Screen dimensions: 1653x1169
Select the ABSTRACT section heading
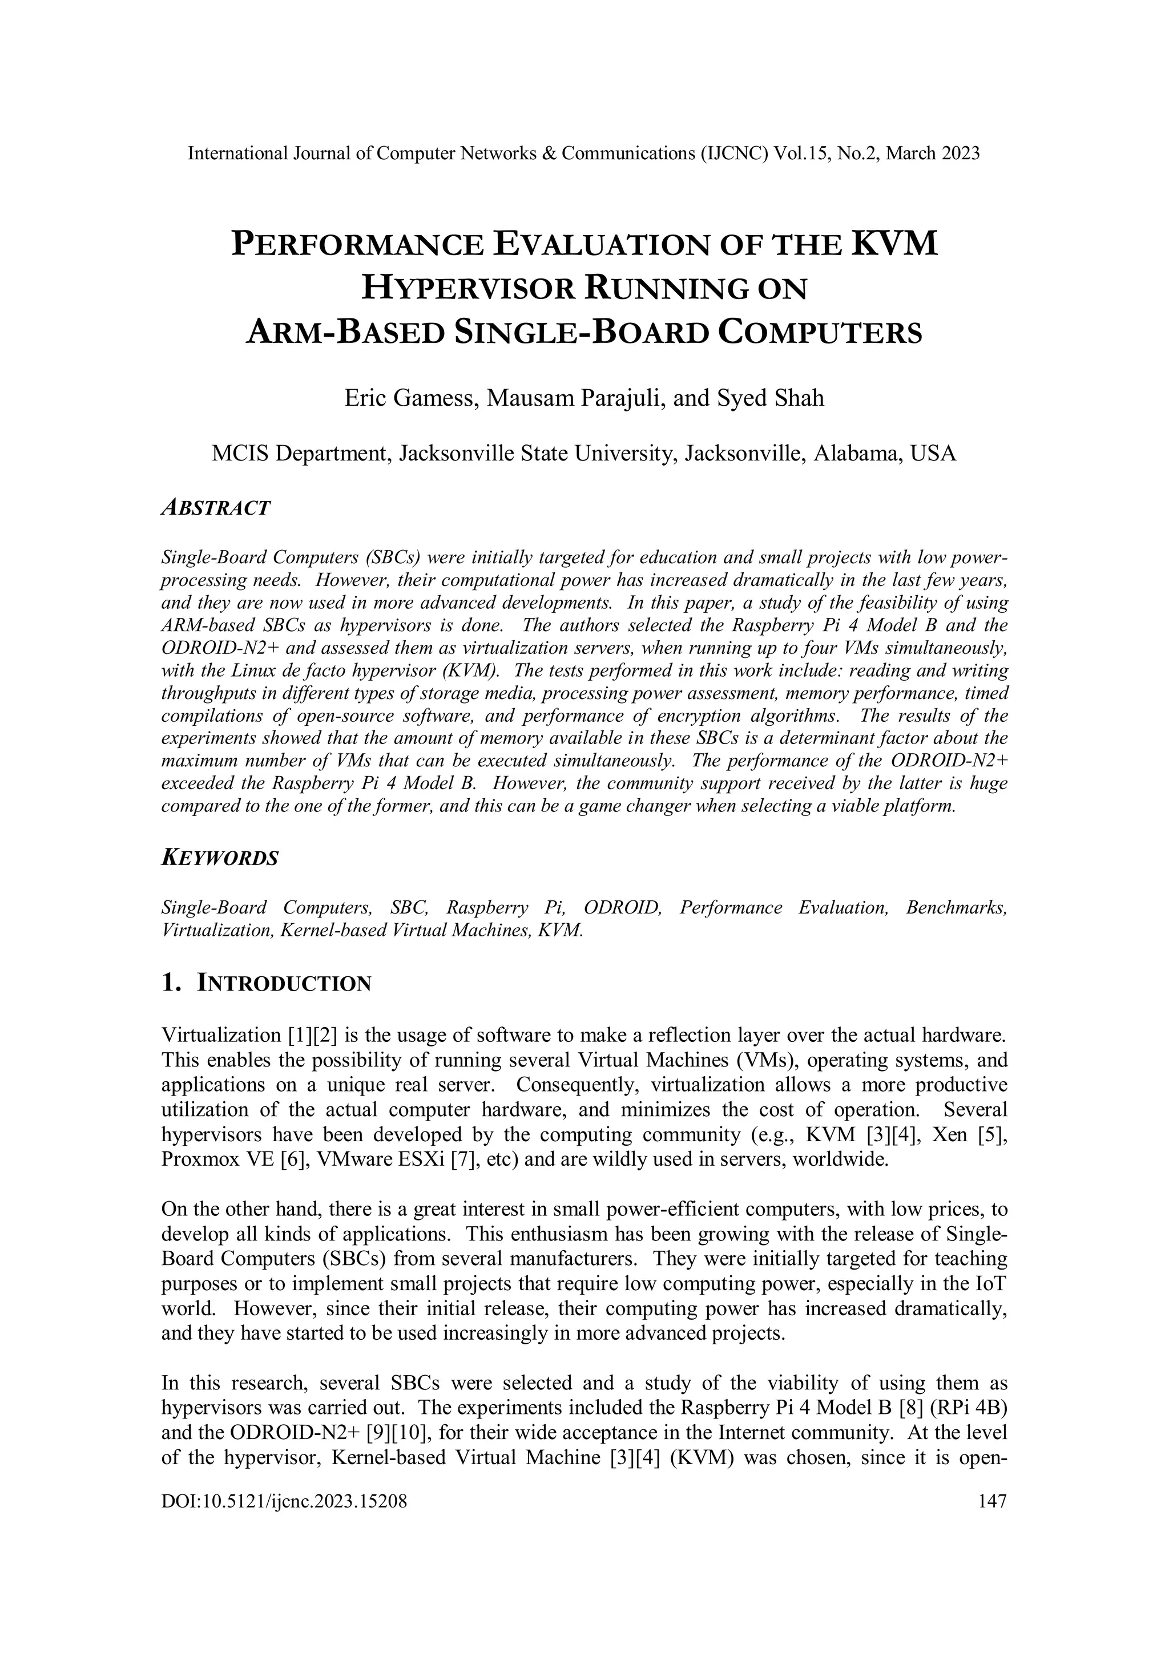click(x=215, y=508)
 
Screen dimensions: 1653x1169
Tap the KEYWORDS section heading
click(x=220, y=858)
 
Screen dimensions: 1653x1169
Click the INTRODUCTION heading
click(x=284, y=984)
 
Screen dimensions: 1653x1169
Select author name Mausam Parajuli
click(x=574, y=398)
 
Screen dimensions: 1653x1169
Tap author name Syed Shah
click(x=770, y=398)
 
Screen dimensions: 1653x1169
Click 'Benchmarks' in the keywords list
click(x=955, y=907)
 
